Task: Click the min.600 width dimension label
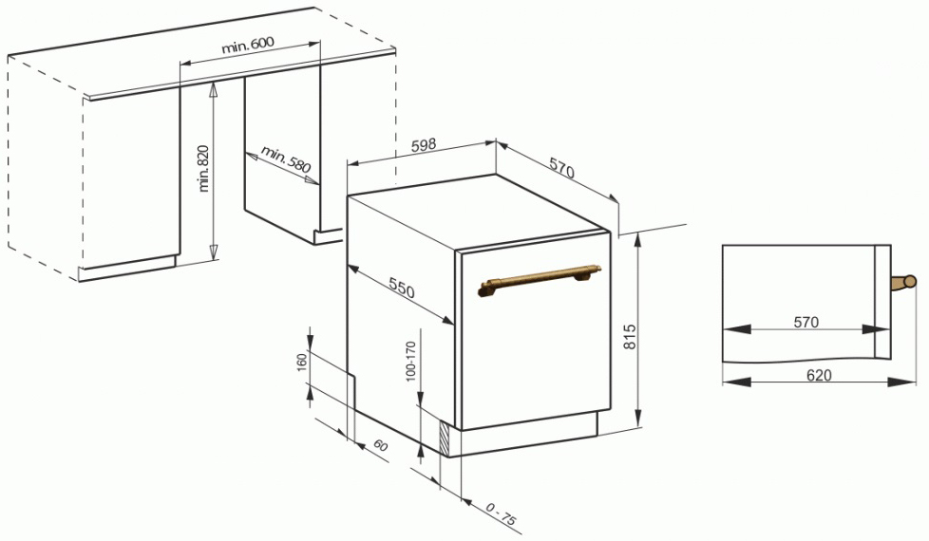[x=248, y=45]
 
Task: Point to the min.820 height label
[x=204, y=168]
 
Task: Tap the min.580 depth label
[x=286, y=159]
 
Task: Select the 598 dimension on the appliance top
[x=424, y=145]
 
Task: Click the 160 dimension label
[x=302, y=363]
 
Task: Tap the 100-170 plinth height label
[x=411, y=362]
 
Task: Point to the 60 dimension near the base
[x=380, y=445]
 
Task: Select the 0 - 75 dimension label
[x=502, y=513]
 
